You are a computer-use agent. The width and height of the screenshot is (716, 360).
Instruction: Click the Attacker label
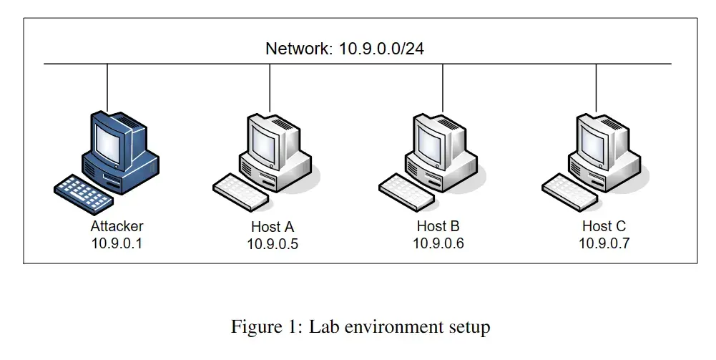tap(117, 226)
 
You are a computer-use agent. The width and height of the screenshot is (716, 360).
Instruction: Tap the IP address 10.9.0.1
tap(117, 243)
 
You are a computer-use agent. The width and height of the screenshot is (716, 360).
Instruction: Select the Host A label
tap(273, 227)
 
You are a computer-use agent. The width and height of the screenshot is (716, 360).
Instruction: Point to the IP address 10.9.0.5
tap(273, 245)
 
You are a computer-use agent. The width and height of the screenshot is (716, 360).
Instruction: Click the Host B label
tap(438, 226)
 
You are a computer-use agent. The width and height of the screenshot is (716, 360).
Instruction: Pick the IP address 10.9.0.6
tap(438, 243)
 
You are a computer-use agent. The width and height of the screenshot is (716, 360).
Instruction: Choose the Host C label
tap(604, 226)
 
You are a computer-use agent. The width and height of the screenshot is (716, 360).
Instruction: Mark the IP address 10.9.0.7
tap(604, 243)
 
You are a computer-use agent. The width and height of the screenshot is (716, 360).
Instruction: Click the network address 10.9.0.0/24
tap(381, 49)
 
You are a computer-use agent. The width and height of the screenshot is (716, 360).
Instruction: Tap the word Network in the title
tap(299, 49)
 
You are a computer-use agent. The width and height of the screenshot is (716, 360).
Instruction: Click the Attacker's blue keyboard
tap(84, 194)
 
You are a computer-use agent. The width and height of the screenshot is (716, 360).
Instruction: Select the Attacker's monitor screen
tap(109, 144)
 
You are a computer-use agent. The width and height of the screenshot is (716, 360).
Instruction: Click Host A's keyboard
tap(240, 192)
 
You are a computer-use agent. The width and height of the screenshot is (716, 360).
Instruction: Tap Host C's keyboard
tap(570, 192)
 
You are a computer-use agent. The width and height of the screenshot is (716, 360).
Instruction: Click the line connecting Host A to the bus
tap(270, 88)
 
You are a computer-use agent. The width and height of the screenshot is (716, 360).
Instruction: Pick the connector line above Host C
tap(596, 88)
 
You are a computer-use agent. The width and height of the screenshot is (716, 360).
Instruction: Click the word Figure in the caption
tap(254, 326)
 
